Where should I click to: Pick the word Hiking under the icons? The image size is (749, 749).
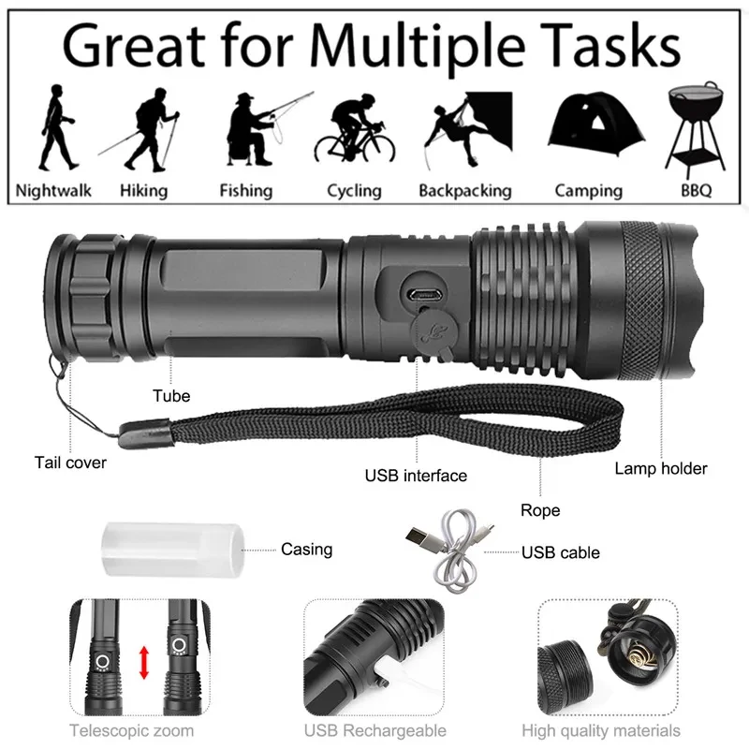click(143, 191)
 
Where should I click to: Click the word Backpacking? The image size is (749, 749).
click(464, 191)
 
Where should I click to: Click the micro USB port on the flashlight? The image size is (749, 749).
click(427, 292)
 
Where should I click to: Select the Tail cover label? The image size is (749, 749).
click(70, 463)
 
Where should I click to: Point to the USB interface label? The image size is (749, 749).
click(416, 476)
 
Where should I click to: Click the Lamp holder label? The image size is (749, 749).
click(661, 468)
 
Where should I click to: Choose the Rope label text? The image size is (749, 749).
click(540, 510)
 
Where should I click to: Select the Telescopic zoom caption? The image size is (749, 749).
click(132, 730)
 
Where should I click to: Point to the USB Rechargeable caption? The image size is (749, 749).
click(374, 730)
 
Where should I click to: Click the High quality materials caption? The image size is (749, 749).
click(601, 730)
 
